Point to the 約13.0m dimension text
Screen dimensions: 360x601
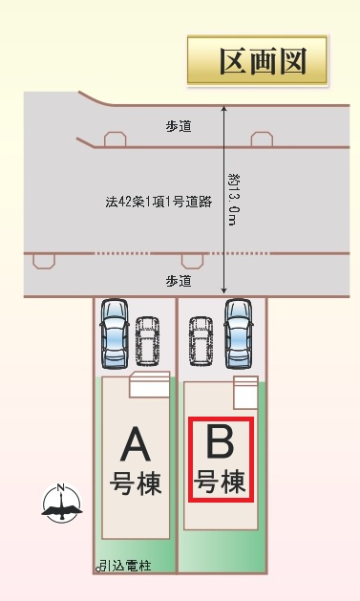click(233, 201)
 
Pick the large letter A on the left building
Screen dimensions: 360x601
click(136, 443)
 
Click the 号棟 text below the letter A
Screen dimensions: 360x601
click(136, 483)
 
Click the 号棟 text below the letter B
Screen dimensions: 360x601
click(221, 480)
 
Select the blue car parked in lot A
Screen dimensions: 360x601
click(114, 333)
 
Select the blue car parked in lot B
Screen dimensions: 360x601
click(237, 333)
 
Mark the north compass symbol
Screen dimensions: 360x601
click(60, 504)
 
